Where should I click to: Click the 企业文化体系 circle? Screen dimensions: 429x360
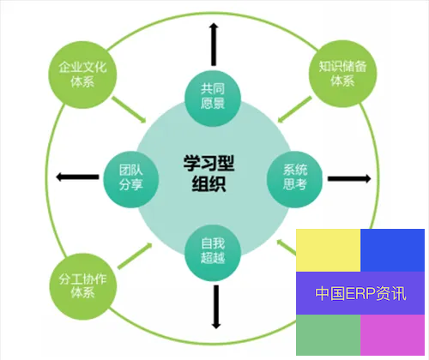point(82,75)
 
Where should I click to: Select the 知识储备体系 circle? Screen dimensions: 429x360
point(342,74)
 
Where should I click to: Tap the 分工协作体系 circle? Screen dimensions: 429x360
point(83,286)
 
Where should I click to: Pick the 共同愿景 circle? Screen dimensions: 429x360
point(213,99)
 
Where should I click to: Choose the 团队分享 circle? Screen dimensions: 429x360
point(131,179)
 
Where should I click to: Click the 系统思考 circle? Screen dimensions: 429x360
point(294,179)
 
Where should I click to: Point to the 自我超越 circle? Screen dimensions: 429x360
point(213,253)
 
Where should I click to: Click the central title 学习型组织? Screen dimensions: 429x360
point(209,173)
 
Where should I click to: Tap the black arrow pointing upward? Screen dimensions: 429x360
point(214,45)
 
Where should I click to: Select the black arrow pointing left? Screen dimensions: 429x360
point(77,177)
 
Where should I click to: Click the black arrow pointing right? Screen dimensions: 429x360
point(349,179)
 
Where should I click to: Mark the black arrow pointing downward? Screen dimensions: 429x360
point(216,307)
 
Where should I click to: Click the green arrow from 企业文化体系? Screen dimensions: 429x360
point(129,110)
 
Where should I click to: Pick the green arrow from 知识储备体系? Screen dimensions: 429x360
point(294,110)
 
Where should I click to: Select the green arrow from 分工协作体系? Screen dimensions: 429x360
point(135,255)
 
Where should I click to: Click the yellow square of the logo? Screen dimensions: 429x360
point(328,250)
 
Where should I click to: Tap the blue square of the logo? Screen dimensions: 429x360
point(392,250)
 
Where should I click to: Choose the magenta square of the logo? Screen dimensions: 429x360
point(392,335)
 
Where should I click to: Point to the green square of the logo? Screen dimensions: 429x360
point(328,335)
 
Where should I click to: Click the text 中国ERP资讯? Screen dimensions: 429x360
point(360,293)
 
